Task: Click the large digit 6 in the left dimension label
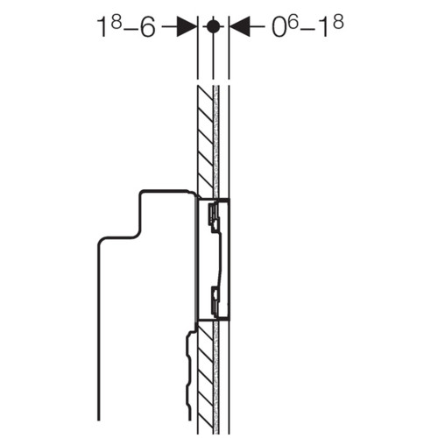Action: pyautogui.click(x=147, y=26)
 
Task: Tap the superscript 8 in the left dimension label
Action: pyautogui.click(x=117, y=22)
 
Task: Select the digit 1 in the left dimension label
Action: pyautogui.click(x=103, y=26)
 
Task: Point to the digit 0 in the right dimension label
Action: pyautogui.click(x=279, y=26)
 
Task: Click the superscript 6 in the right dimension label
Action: pyautogui.click(x=293, y=22)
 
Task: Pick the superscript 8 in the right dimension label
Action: pyautogui.click(x=338, y=22)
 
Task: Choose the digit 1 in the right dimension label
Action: pyautogui.click(x=324, y=26)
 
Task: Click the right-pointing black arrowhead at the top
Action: pyautogui.click(x=187, y=27)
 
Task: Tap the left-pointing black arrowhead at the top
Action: pyautogui.click(x=240, y=27)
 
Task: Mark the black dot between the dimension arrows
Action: pyautogui.click(x=213, y=26)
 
